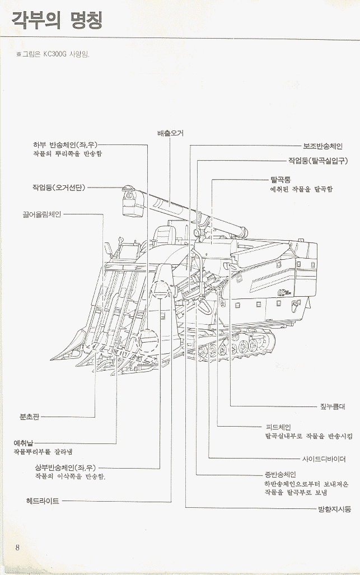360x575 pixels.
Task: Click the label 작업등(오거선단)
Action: click(58, 187)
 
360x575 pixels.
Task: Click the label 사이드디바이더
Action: click(324, 459)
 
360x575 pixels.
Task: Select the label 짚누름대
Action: click(333, 407)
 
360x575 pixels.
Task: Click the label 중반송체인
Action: click(280, 474)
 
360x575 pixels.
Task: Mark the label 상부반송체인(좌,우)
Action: click(67, 467)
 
